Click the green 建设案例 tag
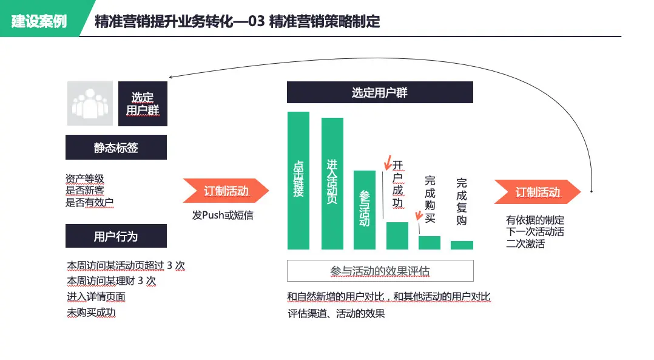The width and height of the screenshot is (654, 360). pyautogui.click(x=39, y=22)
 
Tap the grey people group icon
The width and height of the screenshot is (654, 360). pyautogui.click(x=90, y=104)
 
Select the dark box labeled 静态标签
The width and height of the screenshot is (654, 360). pyautogui.click(x=116, y=148)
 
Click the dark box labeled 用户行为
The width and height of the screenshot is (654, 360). pyautogui.click(x=116, y=236)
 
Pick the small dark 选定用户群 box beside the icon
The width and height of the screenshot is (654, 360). pyautogui.click(x=143, y=104)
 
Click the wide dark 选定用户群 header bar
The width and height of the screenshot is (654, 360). pyautogui.click(x=380, y=93)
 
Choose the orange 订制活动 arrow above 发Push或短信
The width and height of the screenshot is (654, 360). pyautogui.click(x=226, y=191)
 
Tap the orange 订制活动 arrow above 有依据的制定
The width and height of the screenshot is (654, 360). pyautogui.click(x=537, y=192)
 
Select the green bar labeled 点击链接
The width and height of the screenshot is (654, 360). pyautogui.click(x=298, y=180)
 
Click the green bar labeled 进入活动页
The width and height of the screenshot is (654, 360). pyautogui.click(x=332, y=183)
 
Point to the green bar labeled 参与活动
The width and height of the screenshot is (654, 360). pyautogui.click(x=364, y=209)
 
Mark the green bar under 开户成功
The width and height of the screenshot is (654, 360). pyautogui.click(x=397, y=236)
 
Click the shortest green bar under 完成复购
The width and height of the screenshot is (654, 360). pyautogui.click(x=462, y=245)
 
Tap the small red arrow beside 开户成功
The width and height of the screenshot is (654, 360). pyautogui.click(x=386, y=163)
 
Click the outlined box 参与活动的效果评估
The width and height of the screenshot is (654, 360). pyautogui.click(x=380, y=271)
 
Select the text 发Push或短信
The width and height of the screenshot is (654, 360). pyautogui.click(x=222, y=216)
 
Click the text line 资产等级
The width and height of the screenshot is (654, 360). pyautogui.click(x=85, y=178)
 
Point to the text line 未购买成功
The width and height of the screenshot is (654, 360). pyautogui.click(x=91, y=313)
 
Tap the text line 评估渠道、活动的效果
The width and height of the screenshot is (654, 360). pyautogui.click(x=336, y=314)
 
